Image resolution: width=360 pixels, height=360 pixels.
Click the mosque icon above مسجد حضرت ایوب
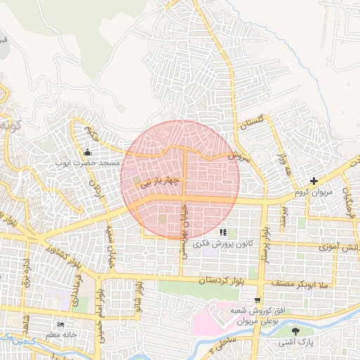pyautogui.click(x=88, y=153)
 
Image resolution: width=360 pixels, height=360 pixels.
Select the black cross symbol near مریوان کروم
pyautogui.click(x=314, y=181)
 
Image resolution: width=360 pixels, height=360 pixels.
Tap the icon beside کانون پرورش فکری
pyautogui.click(x=223, y=232)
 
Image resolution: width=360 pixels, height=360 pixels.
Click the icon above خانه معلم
pyautogui.click(x=62, y=325)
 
